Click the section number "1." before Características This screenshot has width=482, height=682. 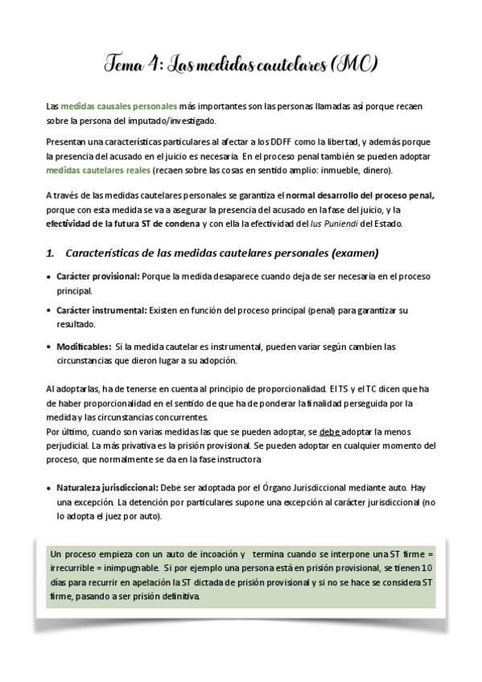click(51, 253)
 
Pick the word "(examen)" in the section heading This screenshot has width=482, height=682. click(352, 253)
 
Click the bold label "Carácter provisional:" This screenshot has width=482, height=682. click(97, 276)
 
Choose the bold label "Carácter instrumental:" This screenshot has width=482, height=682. click(101, 310)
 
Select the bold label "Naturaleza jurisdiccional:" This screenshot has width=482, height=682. click(108, 487)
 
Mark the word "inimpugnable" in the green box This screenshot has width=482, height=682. click(142, 569)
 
